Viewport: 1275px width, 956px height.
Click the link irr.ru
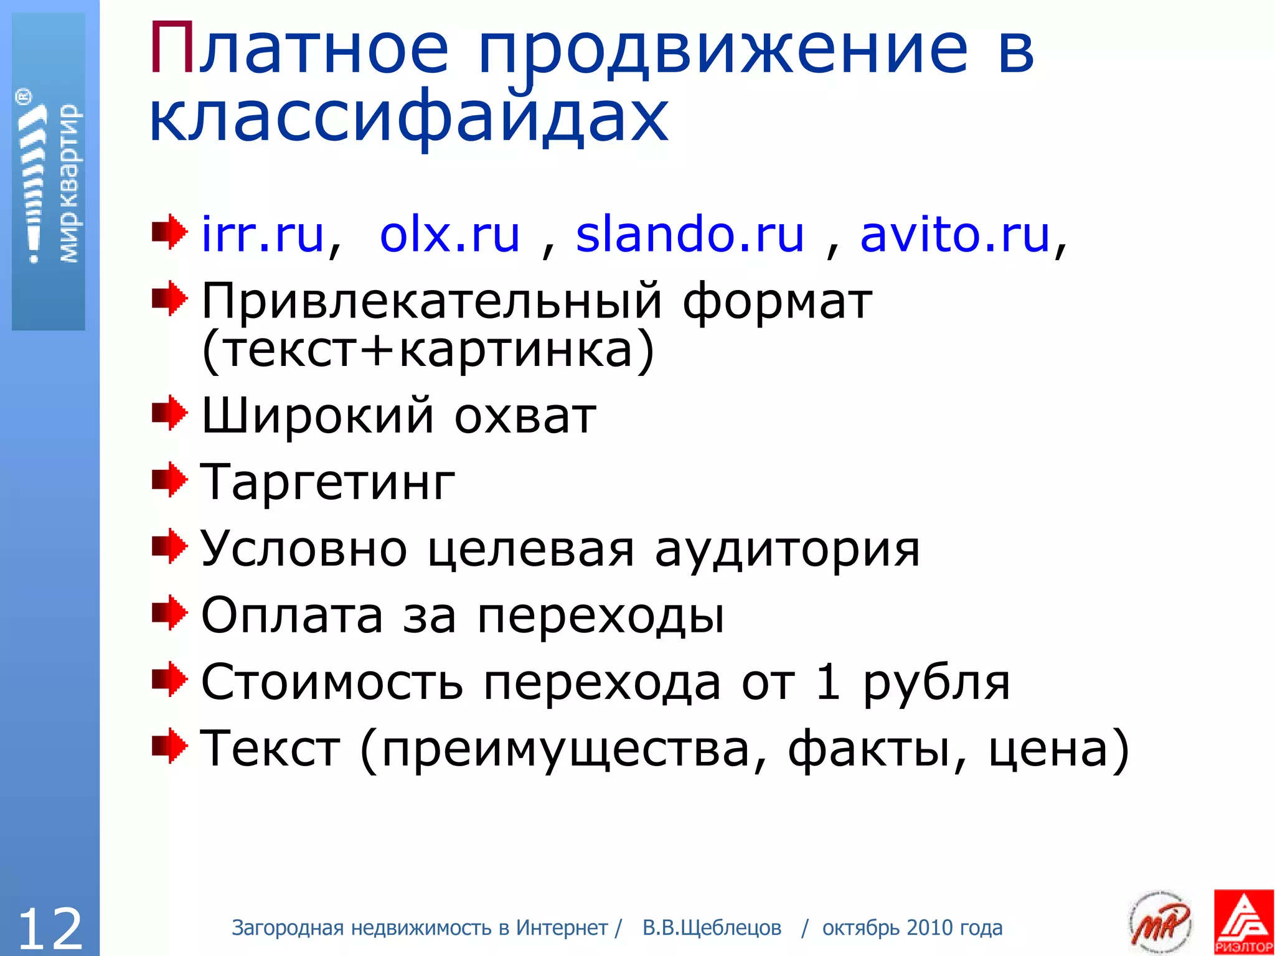262,235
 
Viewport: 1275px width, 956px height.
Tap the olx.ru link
449,235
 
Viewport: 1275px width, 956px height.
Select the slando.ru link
690,235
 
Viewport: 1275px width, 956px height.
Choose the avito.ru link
954,235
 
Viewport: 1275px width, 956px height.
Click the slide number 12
50,928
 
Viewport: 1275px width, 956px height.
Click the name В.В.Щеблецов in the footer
712,928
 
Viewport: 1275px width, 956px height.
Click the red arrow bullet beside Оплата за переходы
169,612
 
